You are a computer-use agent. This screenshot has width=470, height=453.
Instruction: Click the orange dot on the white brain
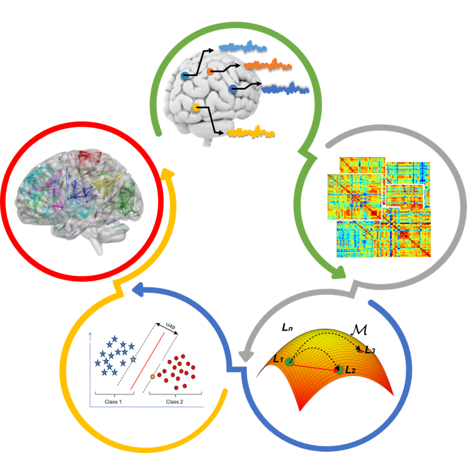pyautogui.click(x=210, y=72)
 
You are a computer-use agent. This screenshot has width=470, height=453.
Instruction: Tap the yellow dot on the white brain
pyautogui.click(x=197, y=108)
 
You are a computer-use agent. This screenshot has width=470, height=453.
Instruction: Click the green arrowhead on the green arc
pyautogui.click(x=339, y=272)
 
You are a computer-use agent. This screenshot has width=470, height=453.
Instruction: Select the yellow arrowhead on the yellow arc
pyautogui.click(x=167, y=172)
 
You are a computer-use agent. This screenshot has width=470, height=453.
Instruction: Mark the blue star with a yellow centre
pyautogui.click(x=134, y=359)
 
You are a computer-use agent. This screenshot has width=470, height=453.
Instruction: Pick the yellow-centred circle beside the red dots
pyautogui.click(x=152, y=376)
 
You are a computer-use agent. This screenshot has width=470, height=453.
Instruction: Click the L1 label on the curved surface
pyautogui.click(x=278, y=358)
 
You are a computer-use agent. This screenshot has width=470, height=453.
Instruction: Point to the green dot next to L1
pyautogui.click(x=289, y=362)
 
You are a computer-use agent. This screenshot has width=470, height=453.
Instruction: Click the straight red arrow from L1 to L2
pyautogui.click(x=314, y=366)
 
